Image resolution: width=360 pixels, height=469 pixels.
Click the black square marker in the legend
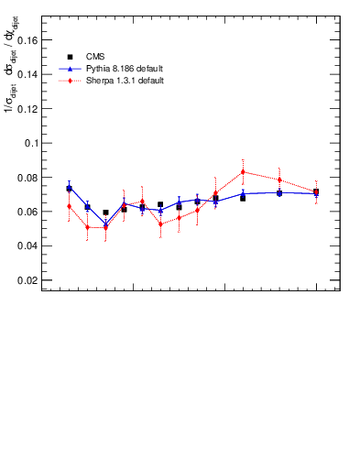(70, 57)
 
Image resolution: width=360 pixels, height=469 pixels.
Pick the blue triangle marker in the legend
(70, 69)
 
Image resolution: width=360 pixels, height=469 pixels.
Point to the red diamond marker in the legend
(70, 81)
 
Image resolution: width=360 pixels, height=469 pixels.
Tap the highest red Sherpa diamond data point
(243, 171)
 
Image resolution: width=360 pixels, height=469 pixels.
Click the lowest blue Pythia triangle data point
(105, 224)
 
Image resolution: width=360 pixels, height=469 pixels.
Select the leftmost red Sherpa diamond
(69, 206)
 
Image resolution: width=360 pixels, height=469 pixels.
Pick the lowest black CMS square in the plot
(105, 213)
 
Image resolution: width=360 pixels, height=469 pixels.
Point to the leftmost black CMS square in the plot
(69, 189)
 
